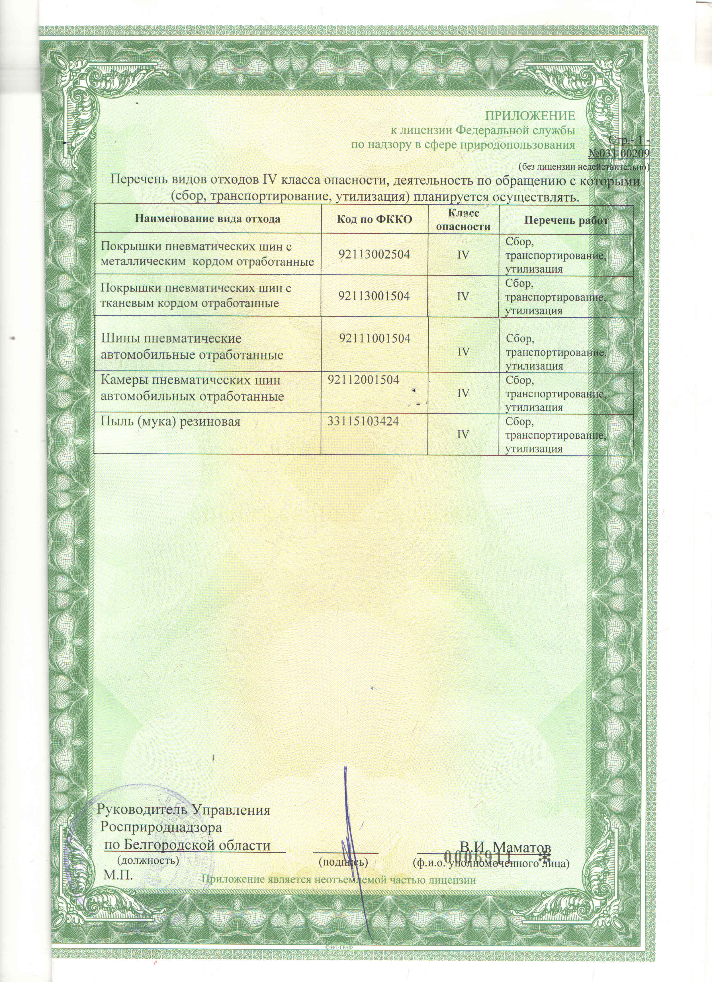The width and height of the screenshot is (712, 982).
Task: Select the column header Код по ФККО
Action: tap(375, 219)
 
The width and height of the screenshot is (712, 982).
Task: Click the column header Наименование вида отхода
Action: tap(208, 219)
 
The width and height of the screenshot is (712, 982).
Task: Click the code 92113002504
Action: tap(375, 254)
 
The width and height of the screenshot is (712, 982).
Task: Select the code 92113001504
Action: tap(375, 296)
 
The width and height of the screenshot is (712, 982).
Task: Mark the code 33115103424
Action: tap(363, 421)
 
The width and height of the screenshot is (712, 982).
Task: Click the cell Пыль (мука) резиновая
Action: tap(170, 421)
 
